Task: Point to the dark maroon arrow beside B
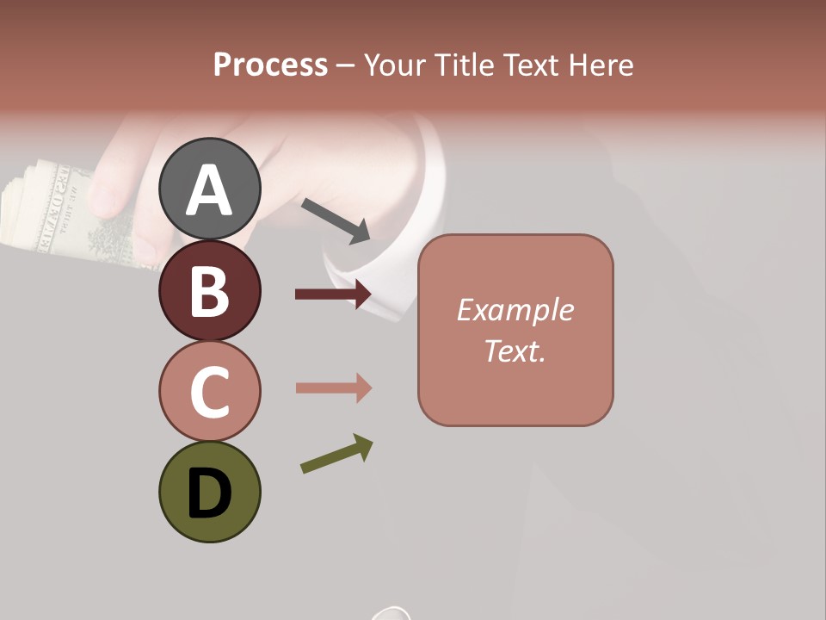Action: point(333,294)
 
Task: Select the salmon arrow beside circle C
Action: point(333,387)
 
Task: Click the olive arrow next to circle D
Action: point(336,455)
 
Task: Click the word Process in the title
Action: point(270,65)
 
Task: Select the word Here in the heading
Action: point(601,65)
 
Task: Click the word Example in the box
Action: point(515,310)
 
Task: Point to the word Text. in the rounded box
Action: point(515,350)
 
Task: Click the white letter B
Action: point(209,292)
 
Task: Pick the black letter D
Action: point(209,494)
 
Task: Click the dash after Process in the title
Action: point(345,65)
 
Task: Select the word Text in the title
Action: point(531,65)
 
